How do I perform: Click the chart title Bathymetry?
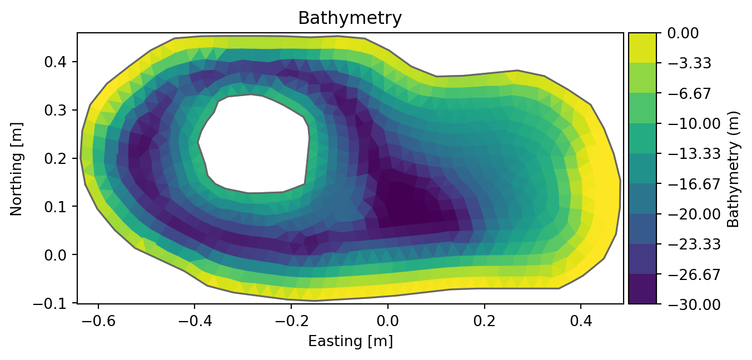tap(350, 18)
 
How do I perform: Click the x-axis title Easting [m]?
tap(350, 341)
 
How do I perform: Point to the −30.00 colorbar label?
tap(687, 304)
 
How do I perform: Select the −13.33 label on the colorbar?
tap(687, 154)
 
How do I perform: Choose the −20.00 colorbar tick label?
tap(687, 214)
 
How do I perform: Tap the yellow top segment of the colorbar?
tap(642, 48)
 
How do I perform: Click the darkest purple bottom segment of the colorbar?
tap(642, 289)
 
